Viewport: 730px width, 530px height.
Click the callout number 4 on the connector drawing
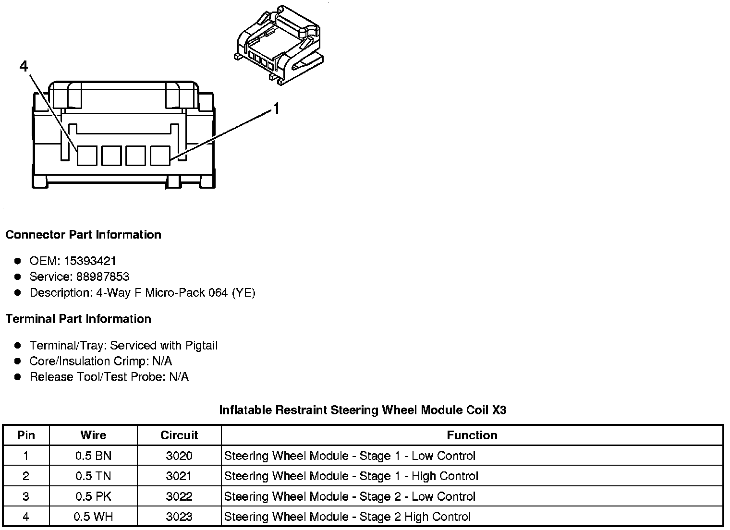pyautogui.click(x=24, y=66)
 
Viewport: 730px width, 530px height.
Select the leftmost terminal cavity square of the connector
pyautogui.click(x=87, y=156)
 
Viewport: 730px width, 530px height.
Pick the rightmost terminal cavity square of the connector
pyautogui.click(x=159, y=156)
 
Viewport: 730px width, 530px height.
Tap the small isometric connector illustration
pyautogui.click(x=280, y=46)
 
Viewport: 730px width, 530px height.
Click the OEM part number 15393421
pyautogui.click(x=90, y=261)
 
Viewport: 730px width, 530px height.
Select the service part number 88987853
pyautogui.click(x=103, y=277)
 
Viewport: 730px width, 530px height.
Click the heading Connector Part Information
pyautogui.click(x=83, y=235)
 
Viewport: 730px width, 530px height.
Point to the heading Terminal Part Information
pyautogui.click(x=78, y=319)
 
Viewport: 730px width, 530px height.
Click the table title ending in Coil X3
pyautogui.click(x=363, y=410)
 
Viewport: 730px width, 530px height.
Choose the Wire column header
pyautogui.click(x=93, y=435)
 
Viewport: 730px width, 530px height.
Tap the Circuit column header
pyautogui.click(x=179, y=435)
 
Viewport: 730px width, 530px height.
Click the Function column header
pyautogui.click(x=472, y=435)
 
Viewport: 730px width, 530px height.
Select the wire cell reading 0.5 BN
pyautogui.click(x=93, y=456)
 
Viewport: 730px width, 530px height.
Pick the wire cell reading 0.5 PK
pyautogui.click(x=93, y=496)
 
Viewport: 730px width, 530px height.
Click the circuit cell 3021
pyautogui.click(x=179, y=476)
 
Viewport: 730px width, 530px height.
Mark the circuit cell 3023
pyautogui.click(x=179, y=517)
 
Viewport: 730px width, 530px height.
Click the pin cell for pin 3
pyautogui.click(x=26, y=496)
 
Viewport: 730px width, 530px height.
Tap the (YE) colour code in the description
pyautogui.click(x=243, y=293)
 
